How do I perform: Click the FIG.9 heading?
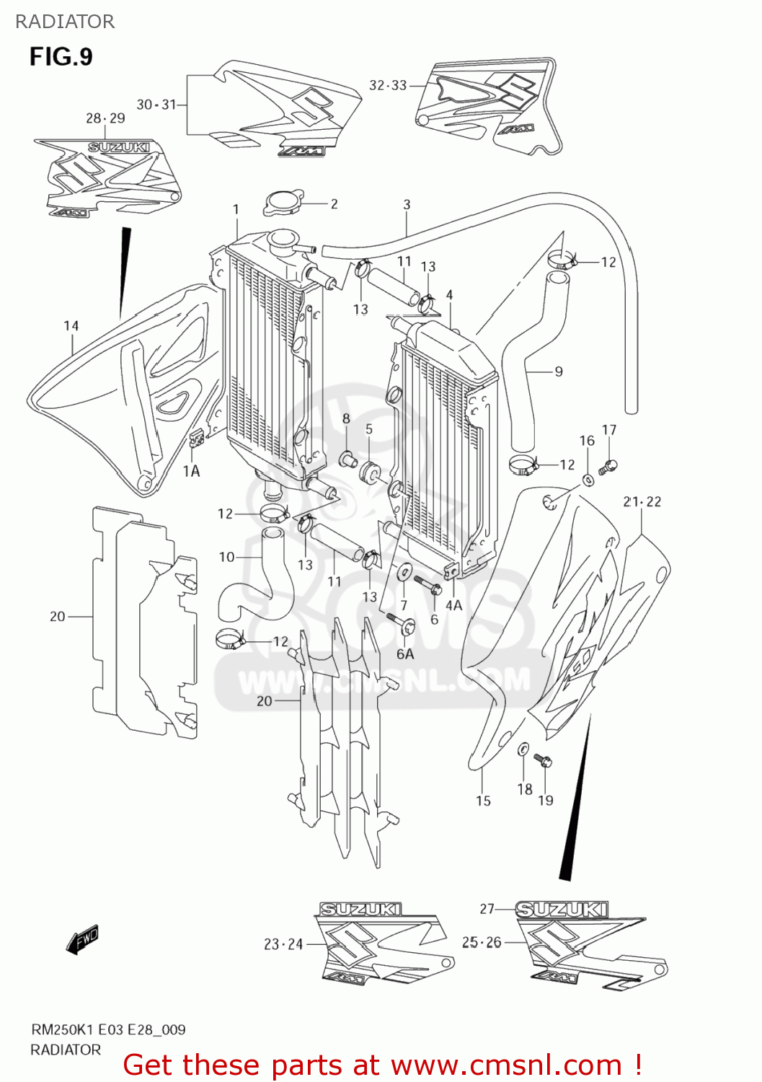coord(61,57)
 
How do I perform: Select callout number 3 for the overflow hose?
coord(407,205)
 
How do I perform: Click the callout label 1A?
coord(191,471)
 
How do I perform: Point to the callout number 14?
coord(71,326)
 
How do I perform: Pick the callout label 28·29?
coord(105,118)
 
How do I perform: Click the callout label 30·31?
coord(156,105)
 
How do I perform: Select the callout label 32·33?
coord(388,85)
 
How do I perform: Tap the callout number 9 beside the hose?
coord(559,371)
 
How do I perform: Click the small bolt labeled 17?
coord(608,467)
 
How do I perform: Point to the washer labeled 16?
coord(588,479)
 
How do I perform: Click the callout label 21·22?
coord(642,501)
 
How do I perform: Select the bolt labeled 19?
coord(541,760)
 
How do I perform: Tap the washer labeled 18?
coord(523,749)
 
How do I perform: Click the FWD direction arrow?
coord(81,939)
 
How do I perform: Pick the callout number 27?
coord(487,909)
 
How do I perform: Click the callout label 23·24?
coord(283,944)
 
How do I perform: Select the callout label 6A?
coord(405,654)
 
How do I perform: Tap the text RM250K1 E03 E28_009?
coord(108,1029)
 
